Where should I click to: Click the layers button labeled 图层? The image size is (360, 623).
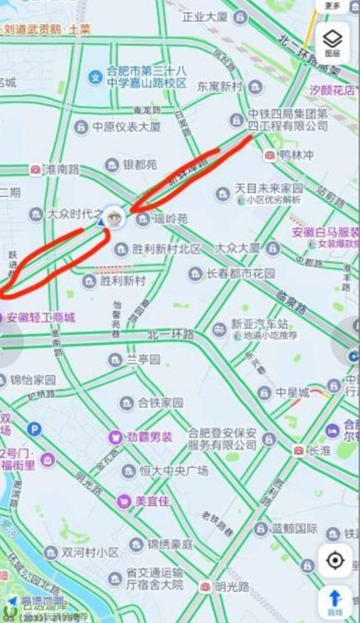pyautogui.click(x=332, y=42)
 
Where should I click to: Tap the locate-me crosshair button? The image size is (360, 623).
pyautogui.click(x=335, y=560)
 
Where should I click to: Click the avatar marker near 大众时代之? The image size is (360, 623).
pyautogui.click(x=114, y=217)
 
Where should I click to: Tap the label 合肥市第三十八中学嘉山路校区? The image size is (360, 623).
pyautogui.click(x=146, y=77)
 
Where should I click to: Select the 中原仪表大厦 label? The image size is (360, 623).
pyautogui.click(x=126, y=127)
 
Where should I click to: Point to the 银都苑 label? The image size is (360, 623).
pyautogui.click(x=140, y=165)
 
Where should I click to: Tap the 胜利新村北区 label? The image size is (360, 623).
pyautogui.click(x=167, y=249)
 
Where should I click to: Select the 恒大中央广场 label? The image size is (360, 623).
pyautogui.click(x=173, y=470)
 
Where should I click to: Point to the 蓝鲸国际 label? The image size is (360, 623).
pyautogui.click(x=294, y=528)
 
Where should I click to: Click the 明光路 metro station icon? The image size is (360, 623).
pyautogui.click(x=206, y=586)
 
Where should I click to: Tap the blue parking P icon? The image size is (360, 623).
pyautogui.click(x=34, y=430)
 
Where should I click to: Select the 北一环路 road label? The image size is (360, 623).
pyautogui.click(x=170, y=335)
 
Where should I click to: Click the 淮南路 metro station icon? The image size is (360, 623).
pyautogui.click(x=36, y=170)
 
